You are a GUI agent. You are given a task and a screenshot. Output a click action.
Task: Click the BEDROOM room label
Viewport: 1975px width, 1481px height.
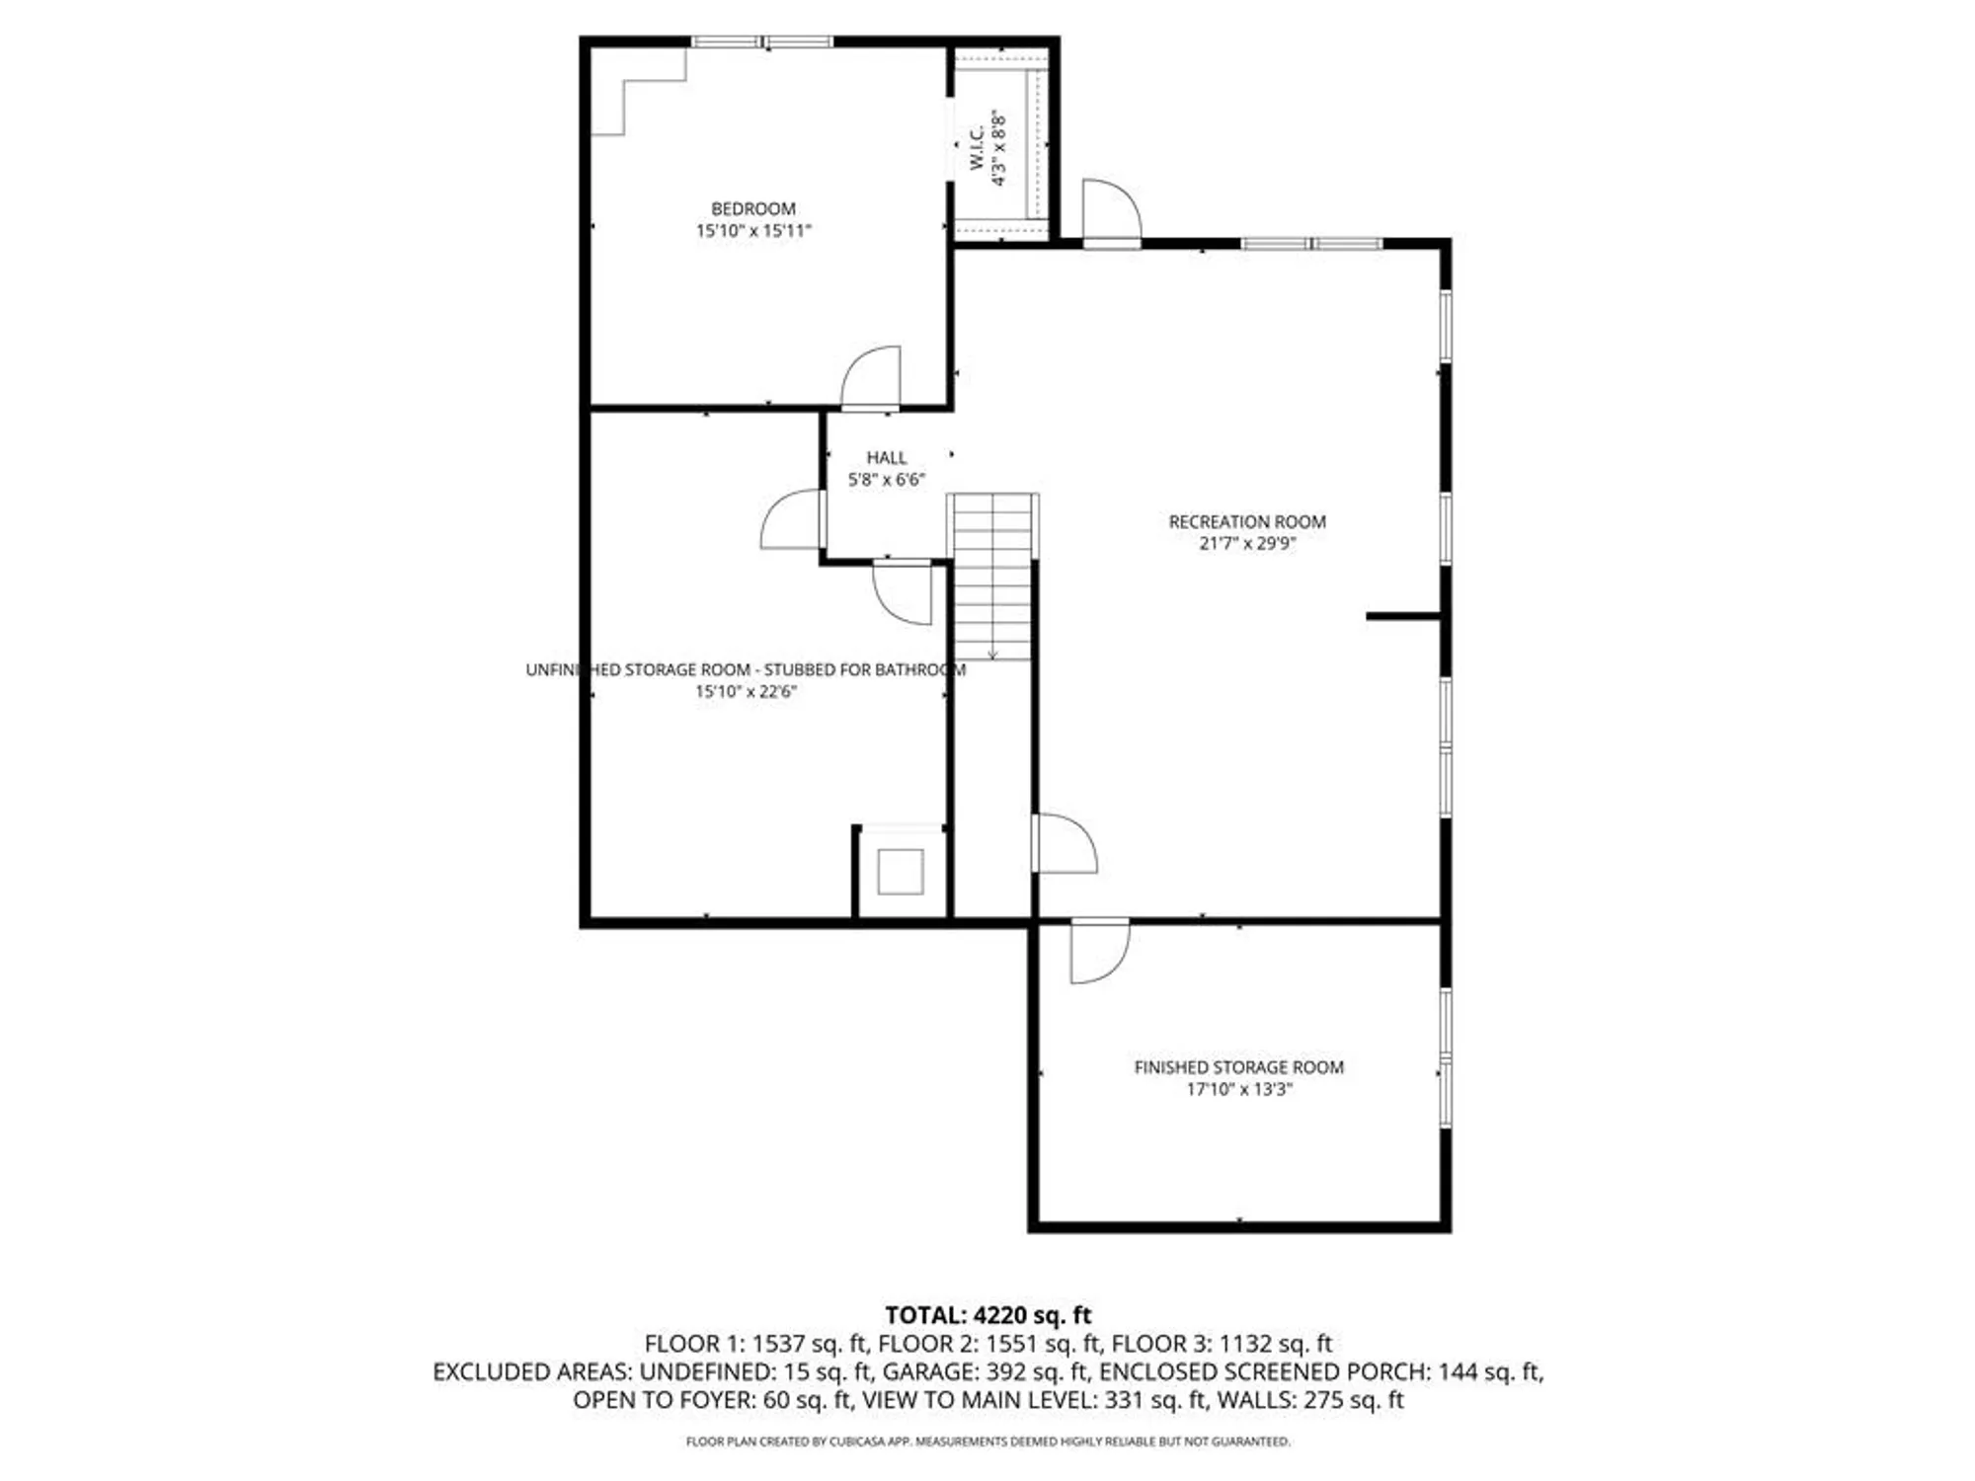pyautogui.click(x=752, y=208)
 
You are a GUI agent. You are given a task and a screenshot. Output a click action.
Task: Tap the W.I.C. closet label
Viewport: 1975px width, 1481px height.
pyautogui.click(x=977, y=148)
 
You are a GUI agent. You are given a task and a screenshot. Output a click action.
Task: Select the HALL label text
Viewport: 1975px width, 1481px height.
pyautogui.click(x=886, y=457)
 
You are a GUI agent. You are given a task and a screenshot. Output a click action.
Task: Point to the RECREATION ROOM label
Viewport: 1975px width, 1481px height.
pyautogui.click(x=1246, y=521)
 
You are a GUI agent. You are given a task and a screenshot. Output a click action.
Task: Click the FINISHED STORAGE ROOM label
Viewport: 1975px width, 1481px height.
pyautogui.click(x=1238, y=1067)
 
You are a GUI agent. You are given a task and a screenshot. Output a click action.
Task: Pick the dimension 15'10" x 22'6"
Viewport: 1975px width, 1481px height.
pyautogui.click(x=746, y=691)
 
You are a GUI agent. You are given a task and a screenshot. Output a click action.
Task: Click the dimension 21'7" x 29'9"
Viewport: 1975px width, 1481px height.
pyautogui.click(x=1246, y=543)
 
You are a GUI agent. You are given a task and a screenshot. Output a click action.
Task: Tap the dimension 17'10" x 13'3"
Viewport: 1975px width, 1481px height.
pyautogui.click(x=1238, y=1089)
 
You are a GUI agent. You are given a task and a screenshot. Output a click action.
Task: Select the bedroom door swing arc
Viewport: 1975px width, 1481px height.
pyautogui.click(x=872, y=376)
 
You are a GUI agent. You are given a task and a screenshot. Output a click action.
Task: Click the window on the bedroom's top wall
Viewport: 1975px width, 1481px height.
pyautogui.click(x=761, y=41)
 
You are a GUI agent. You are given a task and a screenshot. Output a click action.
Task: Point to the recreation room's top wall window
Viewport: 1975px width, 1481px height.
pyautogui.click(x=1311, y=243)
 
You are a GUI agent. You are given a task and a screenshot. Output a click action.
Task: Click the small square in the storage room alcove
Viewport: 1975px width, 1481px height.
pyautogui.click(x=900, y=872)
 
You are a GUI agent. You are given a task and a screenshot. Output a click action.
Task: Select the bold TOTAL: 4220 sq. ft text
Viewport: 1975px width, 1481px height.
pyautogui.click(x=987, y=1315)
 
